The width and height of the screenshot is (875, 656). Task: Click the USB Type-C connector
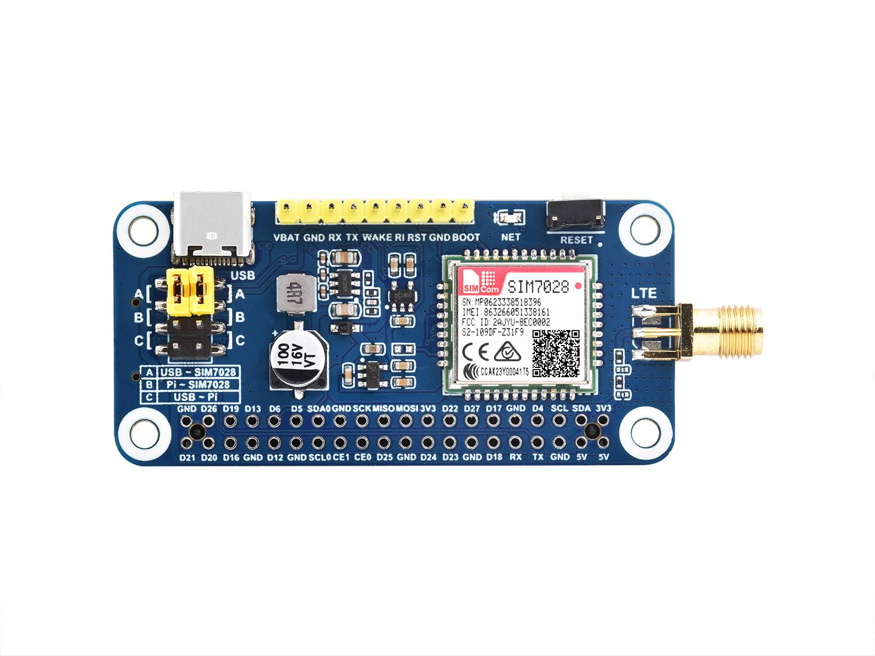pos(212,227)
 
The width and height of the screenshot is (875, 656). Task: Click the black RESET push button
pos(576,214)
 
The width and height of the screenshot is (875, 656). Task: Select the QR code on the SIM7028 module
pos(556,353)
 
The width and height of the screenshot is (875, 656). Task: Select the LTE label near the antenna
pos(644,293)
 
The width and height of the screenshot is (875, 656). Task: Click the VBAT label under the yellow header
pos(287,237)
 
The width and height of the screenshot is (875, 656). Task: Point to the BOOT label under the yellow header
pos(466,237)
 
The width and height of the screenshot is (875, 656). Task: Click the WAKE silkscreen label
pos(377,237)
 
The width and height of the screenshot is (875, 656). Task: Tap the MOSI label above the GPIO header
pos(407,408)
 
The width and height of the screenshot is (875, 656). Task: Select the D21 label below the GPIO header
pos(187,457)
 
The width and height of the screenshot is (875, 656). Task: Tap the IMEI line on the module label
pos(506,312)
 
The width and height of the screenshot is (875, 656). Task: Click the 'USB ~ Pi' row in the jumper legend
pos(195,397)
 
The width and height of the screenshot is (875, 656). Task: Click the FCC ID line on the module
pos(506,322)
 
